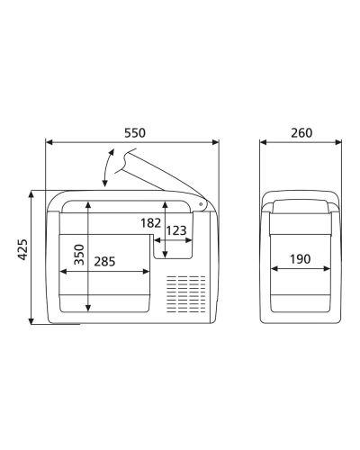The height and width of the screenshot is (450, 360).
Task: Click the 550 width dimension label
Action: [x=132, y=132]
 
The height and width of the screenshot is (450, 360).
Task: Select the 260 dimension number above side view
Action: [x=301, y=132]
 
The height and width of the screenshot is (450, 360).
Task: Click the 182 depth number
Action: [x=151, y=222]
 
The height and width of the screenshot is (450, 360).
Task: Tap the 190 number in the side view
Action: [x=301, y=259]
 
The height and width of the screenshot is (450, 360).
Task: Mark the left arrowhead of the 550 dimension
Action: [x=49, y=142]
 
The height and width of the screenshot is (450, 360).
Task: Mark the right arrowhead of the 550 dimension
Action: [x=216, y=142]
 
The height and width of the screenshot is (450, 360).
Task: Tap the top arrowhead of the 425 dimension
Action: [x=32, y=193]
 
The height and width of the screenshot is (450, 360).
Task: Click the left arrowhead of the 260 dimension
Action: [x=263, y=142]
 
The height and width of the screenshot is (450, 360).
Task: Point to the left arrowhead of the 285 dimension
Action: [x=59, y=271]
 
